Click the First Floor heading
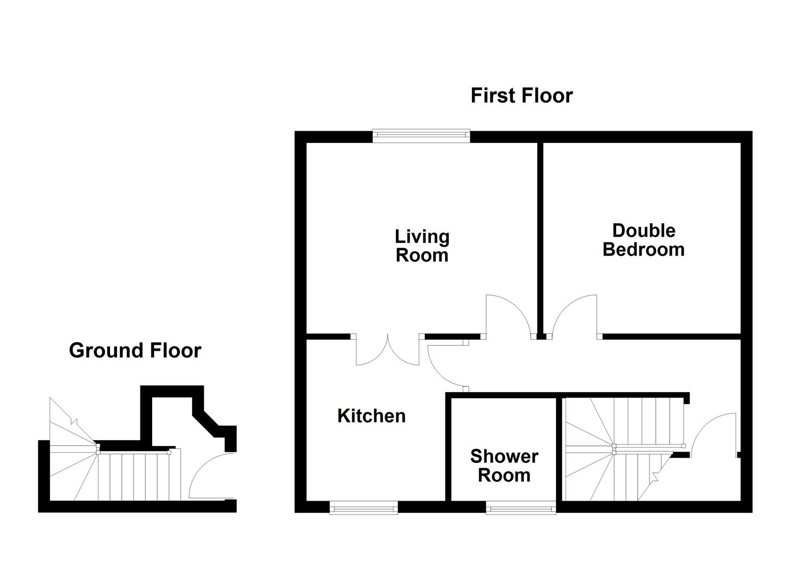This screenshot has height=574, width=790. (521, 96)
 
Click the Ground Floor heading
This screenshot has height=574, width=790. (135, 350)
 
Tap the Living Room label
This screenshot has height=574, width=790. (422, 246)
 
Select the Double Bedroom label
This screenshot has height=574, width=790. (644, 240)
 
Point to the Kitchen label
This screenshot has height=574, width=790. (371, 416)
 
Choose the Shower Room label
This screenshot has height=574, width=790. (504, 466)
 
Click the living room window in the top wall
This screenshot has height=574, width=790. (421, 137)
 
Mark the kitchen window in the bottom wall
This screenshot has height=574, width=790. (363, 508)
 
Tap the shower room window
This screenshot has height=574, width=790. (521, 508)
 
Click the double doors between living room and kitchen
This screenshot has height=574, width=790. (388, 350)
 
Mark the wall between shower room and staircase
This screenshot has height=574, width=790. (559, 449)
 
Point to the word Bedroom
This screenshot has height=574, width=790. (644, 249)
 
